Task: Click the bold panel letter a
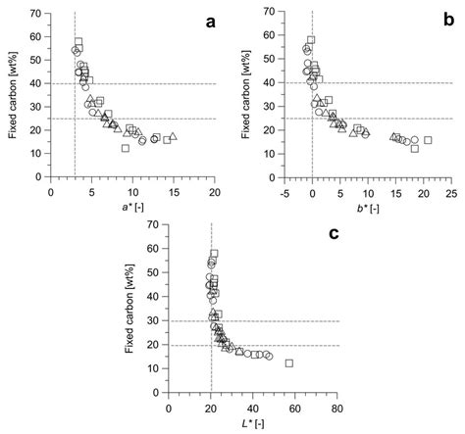(208, 23)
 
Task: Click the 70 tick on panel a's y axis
(36, 14)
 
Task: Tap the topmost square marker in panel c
(214, 253)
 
